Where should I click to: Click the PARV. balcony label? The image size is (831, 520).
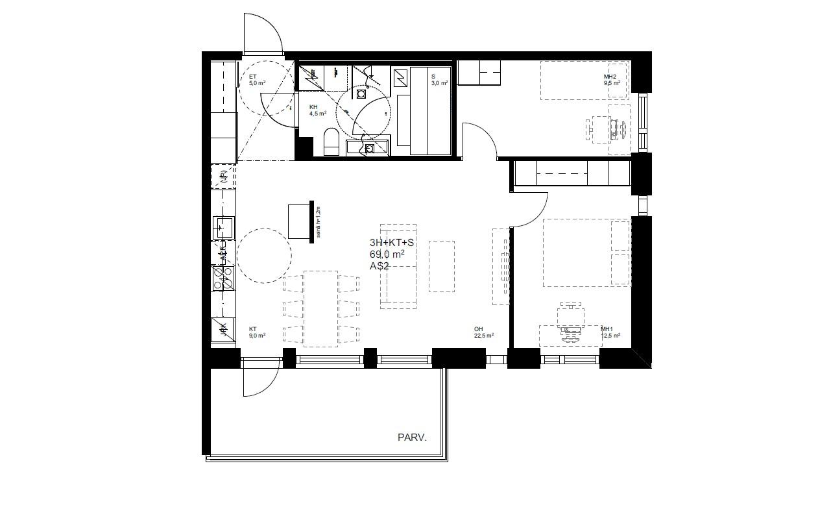pyautogui.click(x=412, y=438)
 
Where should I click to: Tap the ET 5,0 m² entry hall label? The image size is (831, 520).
pyautogui.click(x=257, y=80)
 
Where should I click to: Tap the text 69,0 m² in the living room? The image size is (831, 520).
pyautogui.click(x=387, y=254)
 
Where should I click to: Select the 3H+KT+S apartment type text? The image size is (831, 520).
pyautogui.click(x=391, y=243)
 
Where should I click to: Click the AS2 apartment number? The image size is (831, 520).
pyautogui.click(x=379, y=266)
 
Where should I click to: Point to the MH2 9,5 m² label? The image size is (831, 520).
pyautogui.click(x=612, y=80)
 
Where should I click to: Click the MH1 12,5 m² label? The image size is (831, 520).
pyautogui.click(x=610, y=332)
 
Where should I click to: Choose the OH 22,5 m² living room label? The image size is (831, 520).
pyautogui.click(x=484, y=332)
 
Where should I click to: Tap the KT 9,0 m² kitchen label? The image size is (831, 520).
pyautogui.click(x=257, y=332)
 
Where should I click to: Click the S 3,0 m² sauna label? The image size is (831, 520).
pyautogui.click(x=439, y=80)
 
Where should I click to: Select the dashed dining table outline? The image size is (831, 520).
pyautogui.click(x=320, y=308)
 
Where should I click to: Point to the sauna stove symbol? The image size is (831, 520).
pyautogui.click(x=400, y=79)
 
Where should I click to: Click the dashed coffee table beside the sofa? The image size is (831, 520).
pyautogui.click(x=441, y=266)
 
